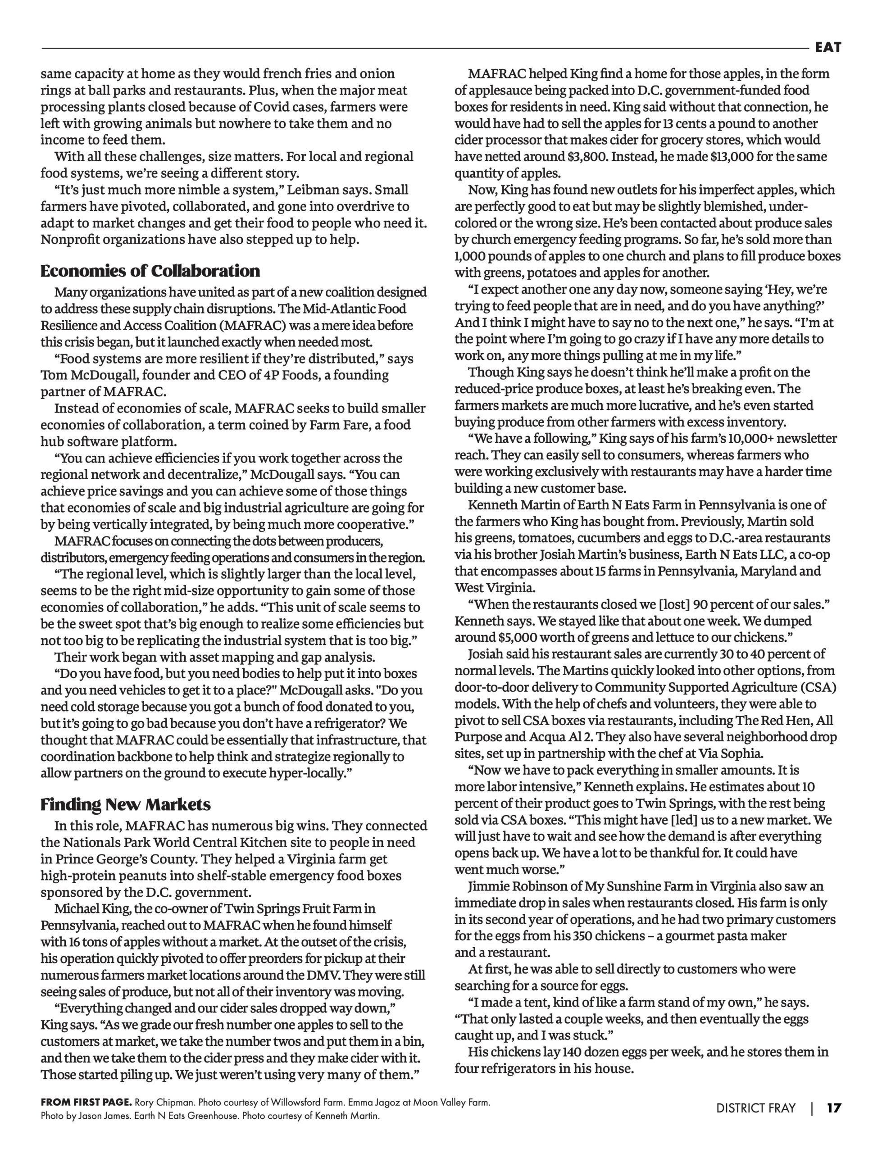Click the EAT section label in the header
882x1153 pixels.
point(828,48)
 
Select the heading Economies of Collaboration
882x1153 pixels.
point(150,271)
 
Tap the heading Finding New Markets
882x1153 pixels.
point(126,804)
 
